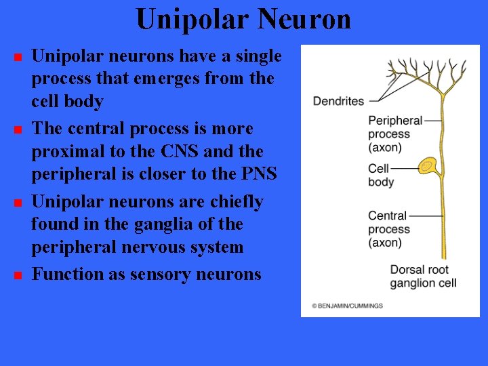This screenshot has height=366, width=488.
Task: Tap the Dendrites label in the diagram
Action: tap(338, 102)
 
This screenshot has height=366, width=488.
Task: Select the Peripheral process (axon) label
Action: tap(395, 134)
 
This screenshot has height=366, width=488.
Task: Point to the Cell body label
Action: tap(380, 175)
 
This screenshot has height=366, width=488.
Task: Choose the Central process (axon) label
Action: tap(388, 229)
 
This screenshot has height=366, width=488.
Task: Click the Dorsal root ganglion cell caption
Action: tap(423, 277)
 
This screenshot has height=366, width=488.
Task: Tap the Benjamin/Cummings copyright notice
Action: tap(347, 306)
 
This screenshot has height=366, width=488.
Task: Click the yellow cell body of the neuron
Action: tap(428, 166)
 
